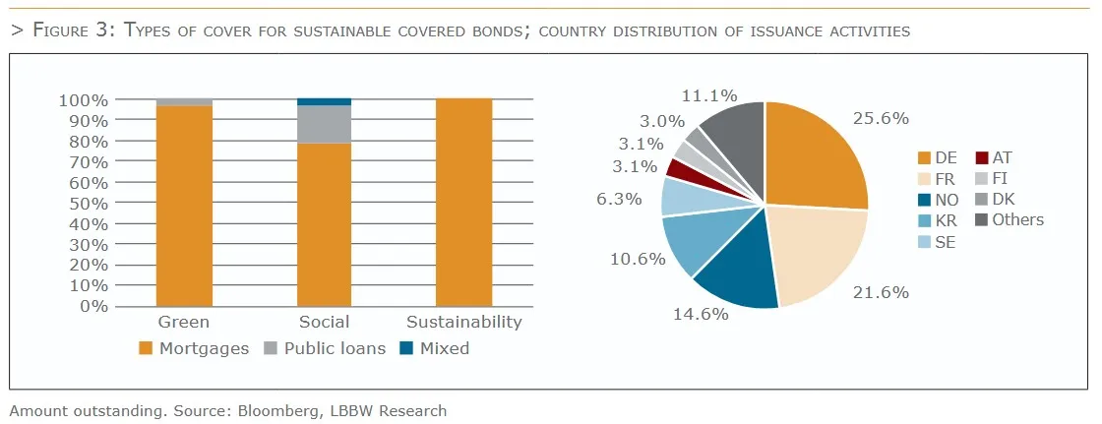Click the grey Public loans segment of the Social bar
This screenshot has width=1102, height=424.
(x=325, y=124)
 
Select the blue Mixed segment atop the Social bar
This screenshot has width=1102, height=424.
(x=325, y=101)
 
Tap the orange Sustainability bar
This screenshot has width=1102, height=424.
(x=463, y=202)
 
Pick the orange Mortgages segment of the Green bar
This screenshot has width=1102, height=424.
(x=184, y=206)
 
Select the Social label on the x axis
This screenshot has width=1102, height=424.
(x=324, y=323)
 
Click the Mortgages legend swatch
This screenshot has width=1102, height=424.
(x=147, y=348)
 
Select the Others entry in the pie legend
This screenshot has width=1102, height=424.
(x=1017, y=219)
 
